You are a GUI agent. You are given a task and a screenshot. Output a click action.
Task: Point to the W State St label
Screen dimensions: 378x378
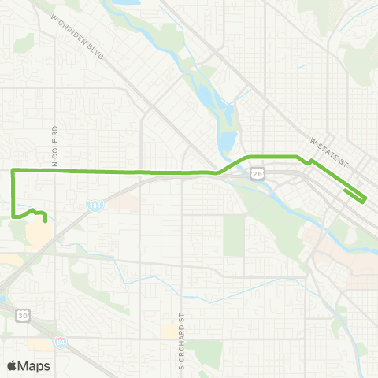click(329, 150)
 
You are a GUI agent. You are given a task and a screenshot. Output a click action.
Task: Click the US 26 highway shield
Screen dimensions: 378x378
click(257, 172)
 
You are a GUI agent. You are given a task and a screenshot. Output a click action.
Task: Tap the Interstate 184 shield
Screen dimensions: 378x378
click(95, 204)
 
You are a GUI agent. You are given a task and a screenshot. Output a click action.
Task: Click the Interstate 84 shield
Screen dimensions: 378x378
click(61, 343)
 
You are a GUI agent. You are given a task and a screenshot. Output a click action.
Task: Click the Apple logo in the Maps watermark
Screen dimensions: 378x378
click(13, 365)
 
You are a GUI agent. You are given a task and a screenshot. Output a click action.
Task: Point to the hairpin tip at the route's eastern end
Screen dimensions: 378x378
click(364, 201)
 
